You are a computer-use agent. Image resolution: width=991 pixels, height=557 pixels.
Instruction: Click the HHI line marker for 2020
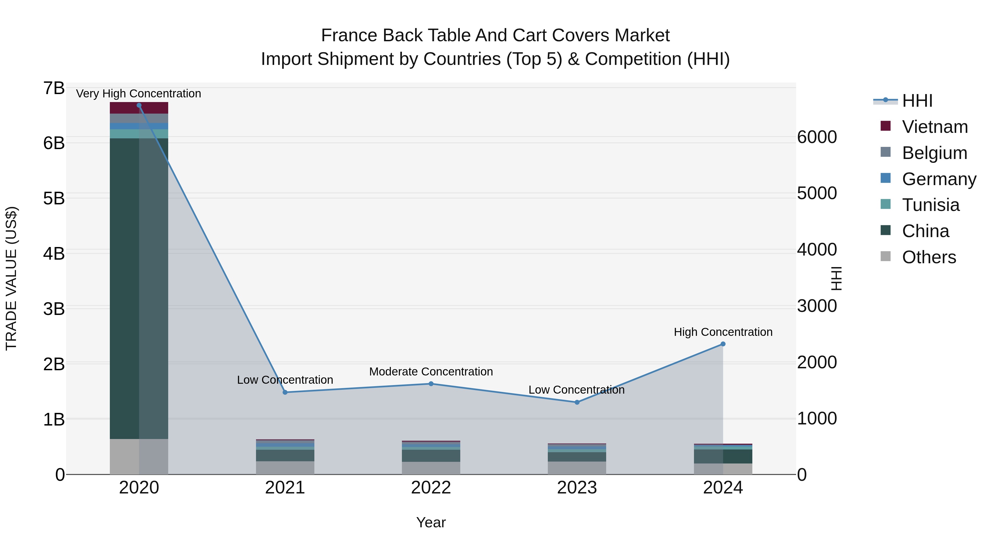(139, 105)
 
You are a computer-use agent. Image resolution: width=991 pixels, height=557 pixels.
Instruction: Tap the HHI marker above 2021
(285, 392)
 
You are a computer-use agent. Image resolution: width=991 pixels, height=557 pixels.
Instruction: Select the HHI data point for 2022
(431, 384)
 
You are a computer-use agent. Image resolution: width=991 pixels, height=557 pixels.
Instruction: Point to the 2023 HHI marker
(577, 402)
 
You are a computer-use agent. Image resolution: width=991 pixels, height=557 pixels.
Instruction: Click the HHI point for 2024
(723, 344)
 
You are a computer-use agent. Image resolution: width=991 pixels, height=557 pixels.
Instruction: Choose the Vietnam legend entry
(935, 127)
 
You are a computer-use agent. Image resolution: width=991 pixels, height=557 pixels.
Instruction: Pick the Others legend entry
(929, 257)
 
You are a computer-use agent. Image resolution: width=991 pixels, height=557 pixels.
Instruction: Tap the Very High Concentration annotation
(138, 94)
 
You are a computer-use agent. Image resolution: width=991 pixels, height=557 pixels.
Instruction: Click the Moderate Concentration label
(431, 372)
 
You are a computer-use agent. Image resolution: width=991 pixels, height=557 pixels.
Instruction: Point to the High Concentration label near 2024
(723, 332)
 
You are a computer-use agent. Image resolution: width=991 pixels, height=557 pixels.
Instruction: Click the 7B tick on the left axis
(54, 88)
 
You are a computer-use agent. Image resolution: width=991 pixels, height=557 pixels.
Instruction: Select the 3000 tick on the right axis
(817, 306)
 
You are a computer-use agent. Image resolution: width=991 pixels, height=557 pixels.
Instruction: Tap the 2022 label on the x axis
(431, 488)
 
